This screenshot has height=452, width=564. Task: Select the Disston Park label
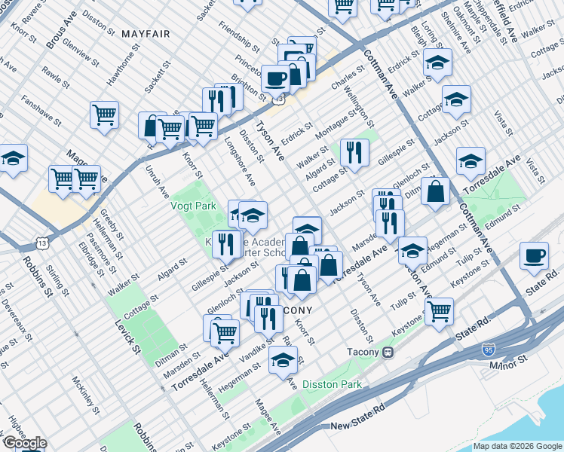[332, 384]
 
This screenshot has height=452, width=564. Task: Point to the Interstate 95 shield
[489, 350]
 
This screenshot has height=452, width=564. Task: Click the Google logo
[24, 443]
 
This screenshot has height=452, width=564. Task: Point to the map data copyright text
[518, 446]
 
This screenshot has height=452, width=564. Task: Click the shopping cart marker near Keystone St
[439, 309]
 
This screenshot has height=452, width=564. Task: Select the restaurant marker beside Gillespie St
[225, 243]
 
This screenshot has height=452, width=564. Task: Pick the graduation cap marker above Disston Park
[283, 360]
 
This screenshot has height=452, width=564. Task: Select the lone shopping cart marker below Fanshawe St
[104, 115]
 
